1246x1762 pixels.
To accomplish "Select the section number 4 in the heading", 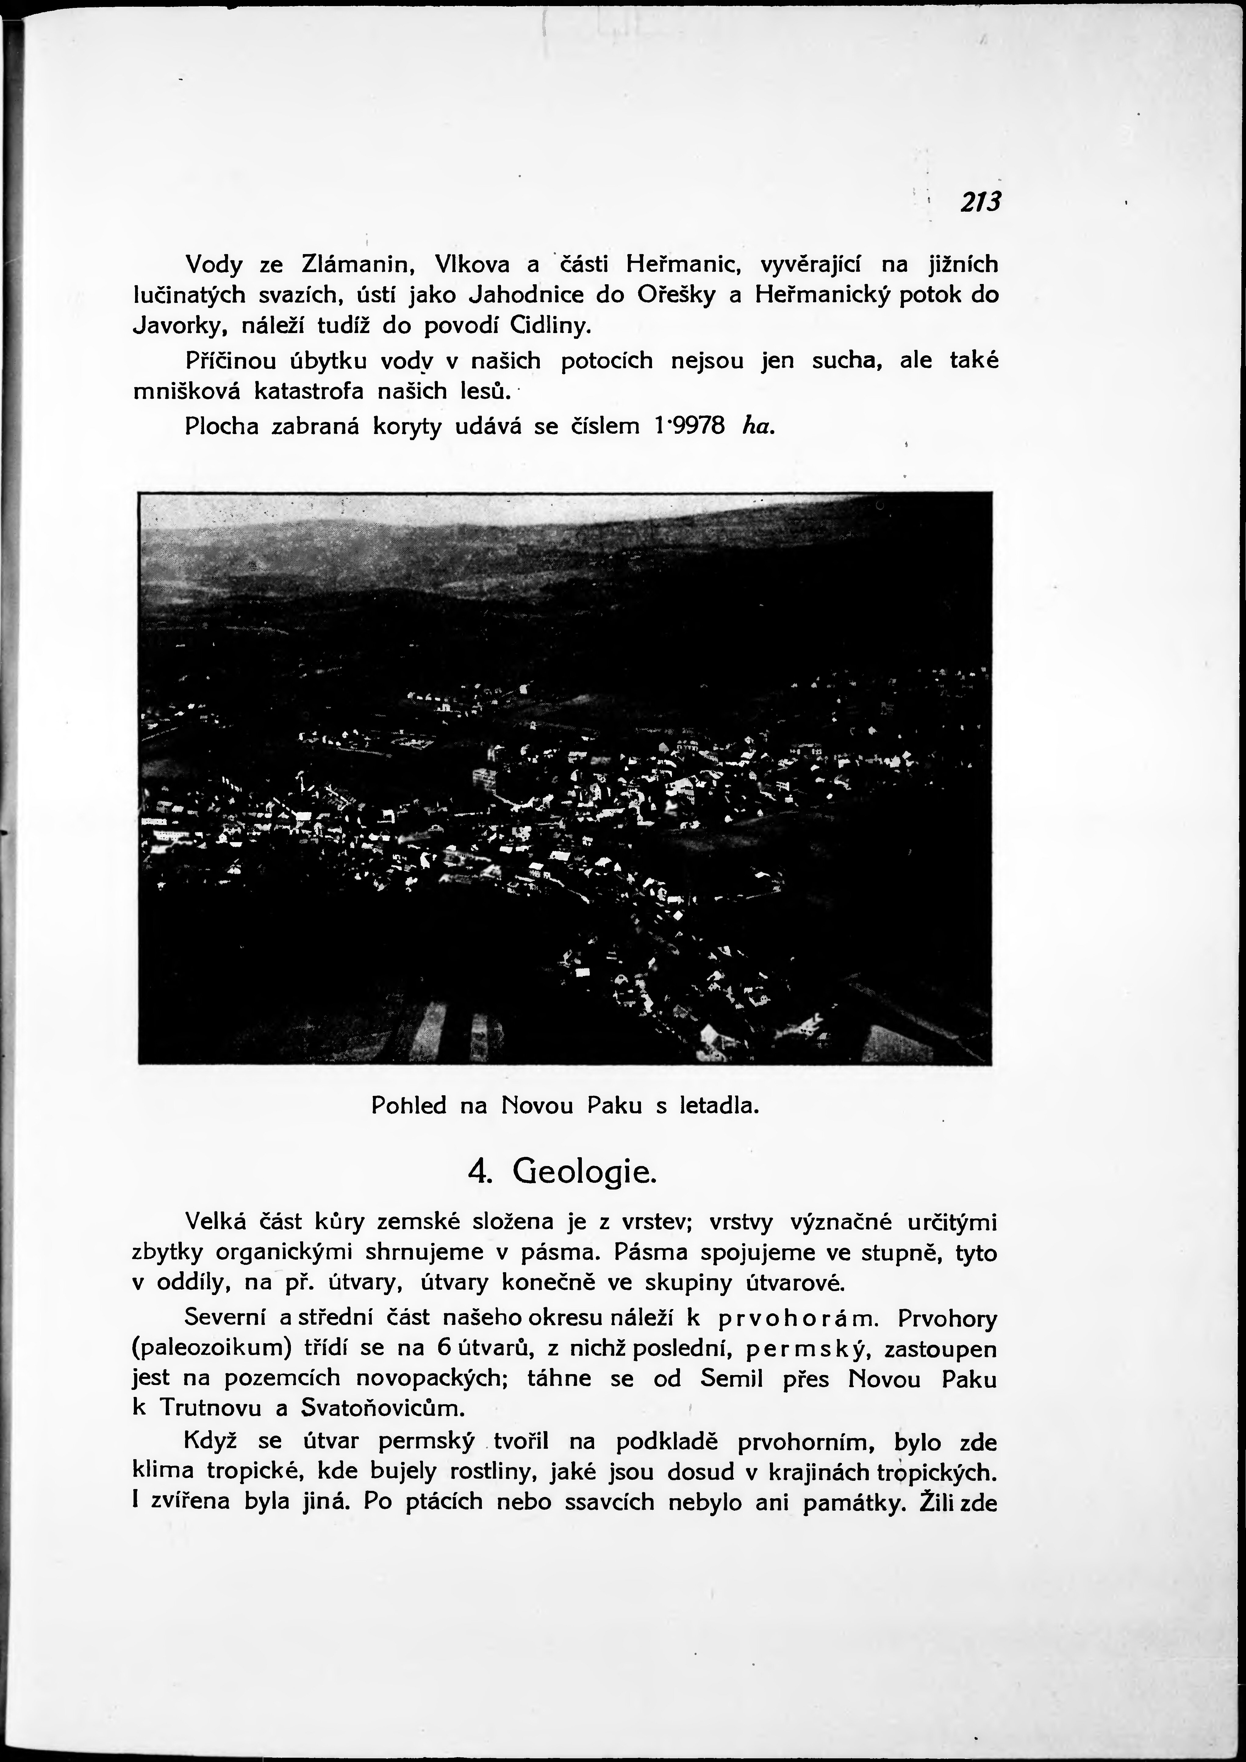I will click(476, 1174).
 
